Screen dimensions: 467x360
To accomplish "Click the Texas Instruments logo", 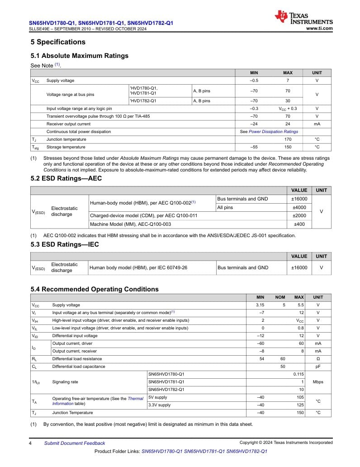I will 303,18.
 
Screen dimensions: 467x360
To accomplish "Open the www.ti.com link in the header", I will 319,28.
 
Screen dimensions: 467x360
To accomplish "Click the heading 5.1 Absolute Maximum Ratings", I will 80,56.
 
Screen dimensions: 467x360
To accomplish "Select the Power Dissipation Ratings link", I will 273,132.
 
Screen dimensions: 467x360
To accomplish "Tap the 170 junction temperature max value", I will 288,139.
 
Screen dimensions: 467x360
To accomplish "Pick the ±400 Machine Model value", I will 299,224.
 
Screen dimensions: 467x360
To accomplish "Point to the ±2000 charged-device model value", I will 299,216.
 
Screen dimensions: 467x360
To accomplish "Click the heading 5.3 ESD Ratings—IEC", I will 65,244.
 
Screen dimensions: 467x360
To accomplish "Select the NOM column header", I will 280,297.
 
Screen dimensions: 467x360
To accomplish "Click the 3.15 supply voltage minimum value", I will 260,305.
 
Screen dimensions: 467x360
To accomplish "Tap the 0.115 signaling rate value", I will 298,374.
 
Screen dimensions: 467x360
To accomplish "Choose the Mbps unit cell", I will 318,382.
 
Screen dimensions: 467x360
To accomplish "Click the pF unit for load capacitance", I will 318,367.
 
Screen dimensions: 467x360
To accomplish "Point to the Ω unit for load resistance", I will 318,359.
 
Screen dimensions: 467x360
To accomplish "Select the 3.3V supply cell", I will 160,405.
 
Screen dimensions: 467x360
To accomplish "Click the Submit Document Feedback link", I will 75,443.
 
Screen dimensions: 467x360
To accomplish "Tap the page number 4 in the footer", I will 30,443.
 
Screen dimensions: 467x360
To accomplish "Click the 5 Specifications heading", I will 58,42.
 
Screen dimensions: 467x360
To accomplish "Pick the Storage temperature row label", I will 66,147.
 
